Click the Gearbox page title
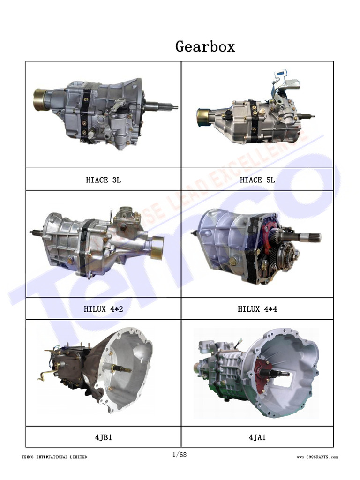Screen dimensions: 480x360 (205, 46)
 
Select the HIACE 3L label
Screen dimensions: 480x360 (103, 180)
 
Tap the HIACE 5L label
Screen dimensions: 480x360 (257, 180)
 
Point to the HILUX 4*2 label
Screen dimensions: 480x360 (103, 309)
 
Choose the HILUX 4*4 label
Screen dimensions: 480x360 (257, 309)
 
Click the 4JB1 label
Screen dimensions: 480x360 (103, 437)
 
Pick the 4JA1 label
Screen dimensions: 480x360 (257, 437)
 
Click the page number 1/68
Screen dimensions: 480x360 (180, 454)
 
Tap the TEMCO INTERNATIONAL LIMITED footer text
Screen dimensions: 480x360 (54, 457)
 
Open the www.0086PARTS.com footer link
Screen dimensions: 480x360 (317, 457)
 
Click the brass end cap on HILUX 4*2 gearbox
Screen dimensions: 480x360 (156, 247)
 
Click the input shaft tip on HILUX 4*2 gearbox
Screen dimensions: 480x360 (32, 232)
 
